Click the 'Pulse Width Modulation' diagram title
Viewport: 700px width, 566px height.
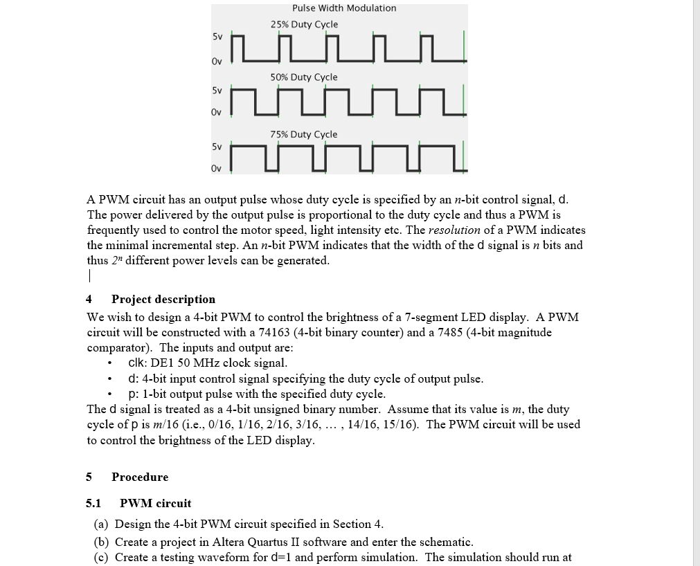click(344, 8)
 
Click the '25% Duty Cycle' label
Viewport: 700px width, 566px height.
click(304, 24)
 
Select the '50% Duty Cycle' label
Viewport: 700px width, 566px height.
click(304, 77)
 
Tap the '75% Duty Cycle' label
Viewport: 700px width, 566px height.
click(304, 134)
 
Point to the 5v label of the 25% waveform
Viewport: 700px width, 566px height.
click(217, 37)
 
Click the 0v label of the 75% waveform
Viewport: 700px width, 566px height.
click(217, 168)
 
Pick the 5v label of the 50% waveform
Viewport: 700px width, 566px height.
click(217, 90)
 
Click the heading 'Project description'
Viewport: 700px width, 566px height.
click(163, 299)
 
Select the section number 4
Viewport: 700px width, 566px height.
click(89, 299)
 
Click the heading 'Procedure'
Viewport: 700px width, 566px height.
click(140, 477)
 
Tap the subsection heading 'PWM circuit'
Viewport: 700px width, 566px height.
click(156, 503)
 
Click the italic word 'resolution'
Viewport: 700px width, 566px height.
click(454, 230)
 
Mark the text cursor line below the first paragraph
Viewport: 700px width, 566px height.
click(89, 275)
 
